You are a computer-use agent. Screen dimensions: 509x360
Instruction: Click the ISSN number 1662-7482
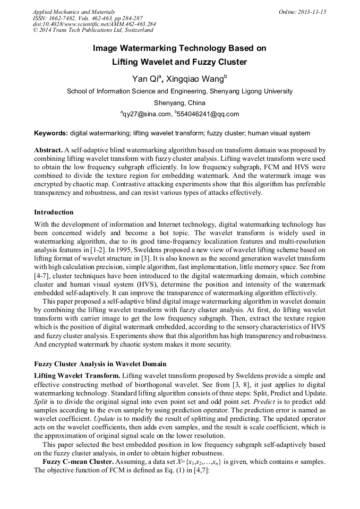pos(63,18)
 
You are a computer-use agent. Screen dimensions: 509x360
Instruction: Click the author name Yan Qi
pos(144,79)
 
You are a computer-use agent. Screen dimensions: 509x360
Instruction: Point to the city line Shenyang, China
pos(179,102)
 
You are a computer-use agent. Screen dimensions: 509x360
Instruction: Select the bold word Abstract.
pos(48,150)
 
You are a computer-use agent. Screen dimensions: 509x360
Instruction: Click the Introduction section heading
pos(54,212)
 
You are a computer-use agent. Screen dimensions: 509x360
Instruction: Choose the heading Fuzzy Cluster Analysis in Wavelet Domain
pos(100,364)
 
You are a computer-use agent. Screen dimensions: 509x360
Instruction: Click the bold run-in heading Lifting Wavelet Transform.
pos(76,375)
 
